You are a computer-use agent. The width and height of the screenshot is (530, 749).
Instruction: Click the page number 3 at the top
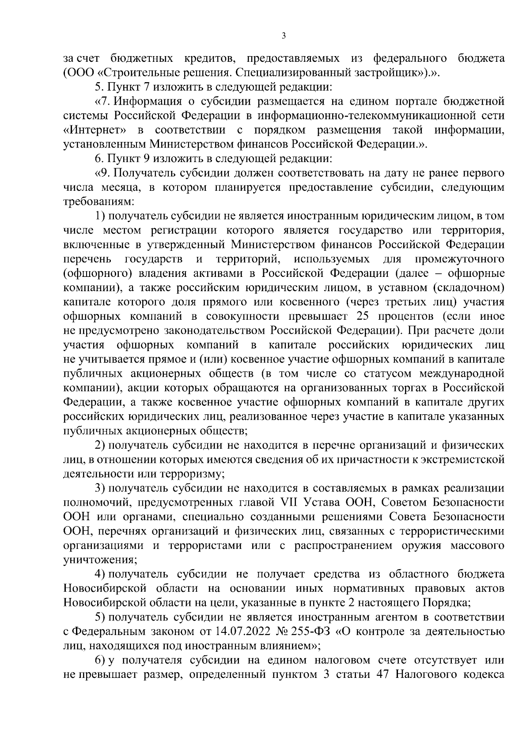pyautogui.click(x=284, y=36)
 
